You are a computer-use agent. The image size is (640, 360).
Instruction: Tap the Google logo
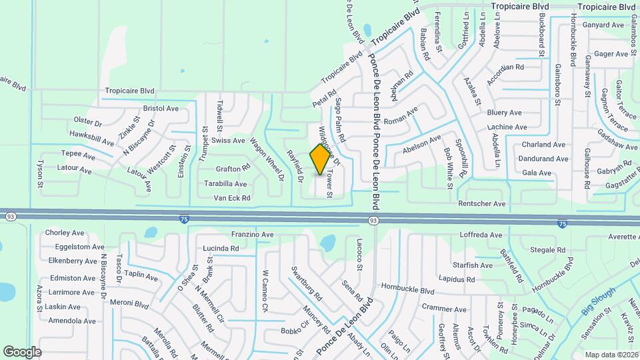pyautogui.click(x=22, y=351)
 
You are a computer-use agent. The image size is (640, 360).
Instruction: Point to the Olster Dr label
pyautogui.click(x=87, y=123)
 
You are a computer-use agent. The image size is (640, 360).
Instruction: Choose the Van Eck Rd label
pyautogui.click(x=231, y=198)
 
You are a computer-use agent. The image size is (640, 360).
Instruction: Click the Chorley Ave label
pyautogui.click(x=64, y=233)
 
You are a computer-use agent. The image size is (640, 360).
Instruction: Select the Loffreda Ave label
pyautogui.click(x=481, y=235)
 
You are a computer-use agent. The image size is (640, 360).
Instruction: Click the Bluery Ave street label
pyautogui.click(x=504, y=113)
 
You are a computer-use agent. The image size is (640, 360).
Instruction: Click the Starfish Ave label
pyautogui.click(x=472, y=265)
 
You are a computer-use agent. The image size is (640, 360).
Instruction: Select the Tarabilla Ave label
pyautogui.click(x=225, y=184)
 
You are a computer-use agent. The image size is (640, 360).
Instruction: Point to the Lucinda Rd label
pyautogui.click(x=221, y=249)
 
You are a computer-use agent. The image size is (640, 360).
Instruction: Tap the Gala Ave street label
pyautogui.click(x=537, y=173)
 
